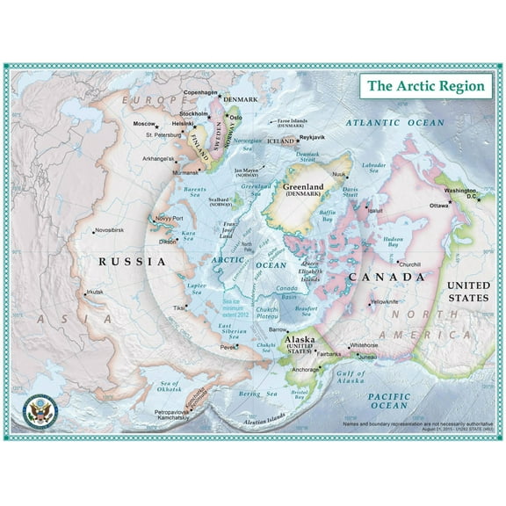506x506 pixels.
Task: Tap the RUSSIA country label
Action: coord(133,261)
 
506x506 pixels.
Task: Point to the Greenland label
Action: coord(303,186)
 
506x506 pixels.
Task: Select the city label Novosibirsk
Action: coord(117,231)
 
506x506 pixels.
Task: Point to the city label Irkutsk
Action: coord(98,293)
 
